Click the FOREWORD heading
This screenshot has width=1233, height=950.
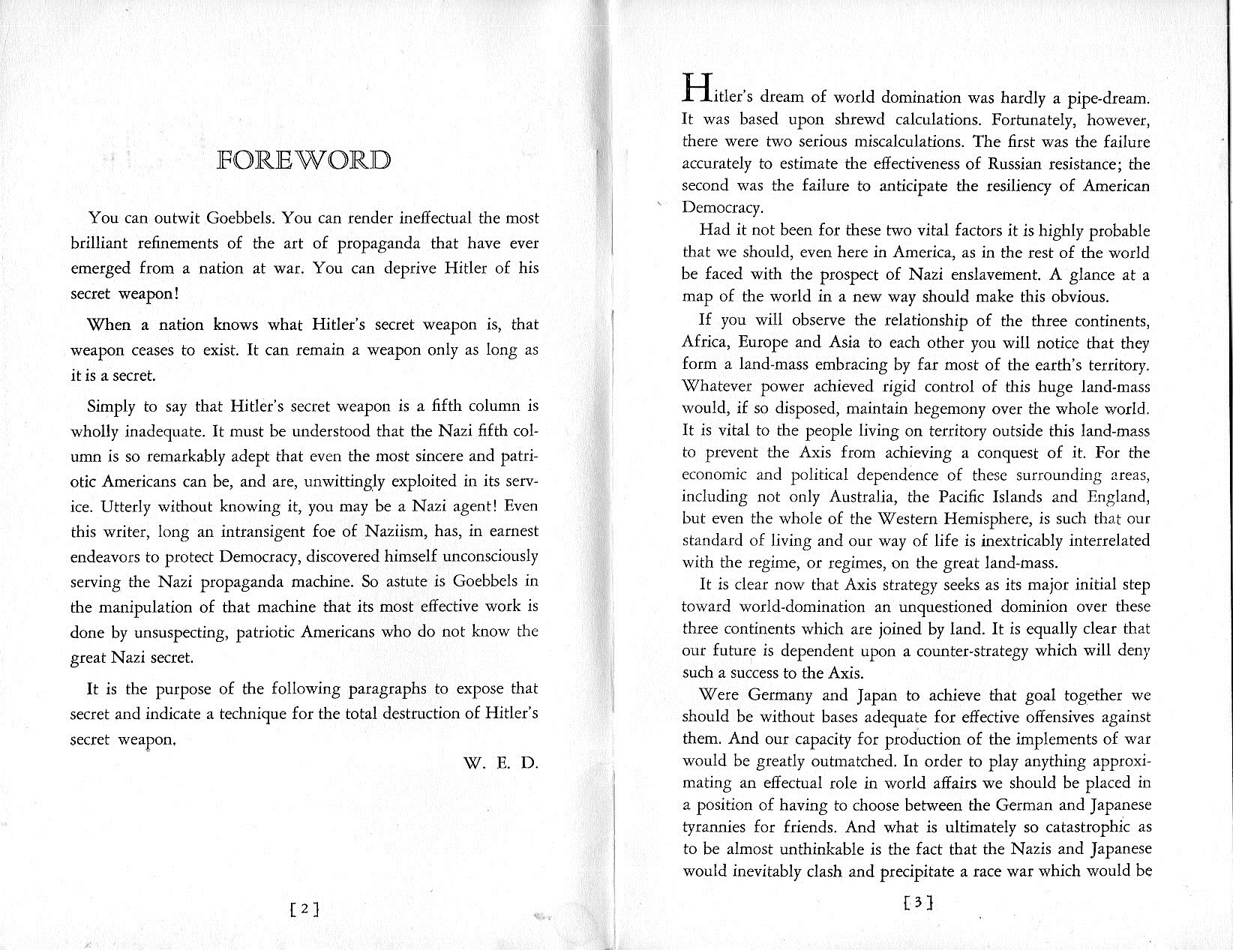(x=304, y=160)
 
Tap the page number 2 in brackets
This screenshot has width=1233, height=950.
(x=304, y=909)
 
